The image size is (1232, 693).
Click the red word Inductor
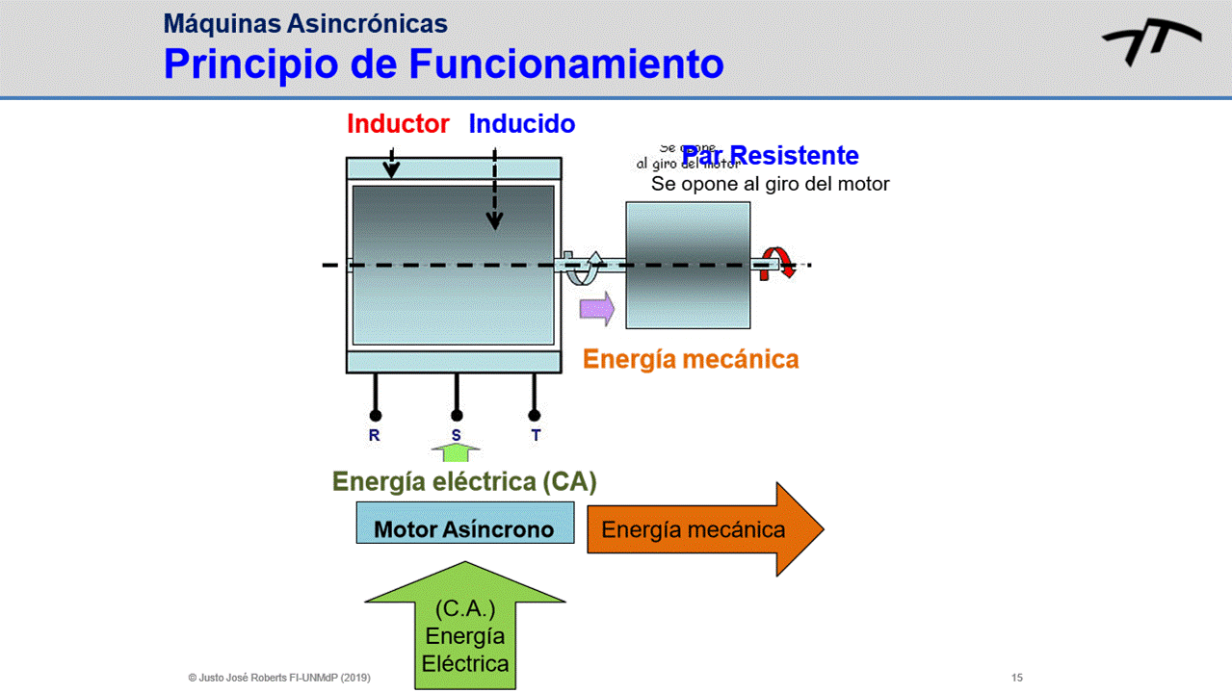click(x=398, y=124)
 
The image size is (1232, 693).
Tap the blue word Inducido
click(x=521, y=124)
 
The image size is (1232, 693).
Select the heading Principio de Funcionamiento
click(x=443, y=64)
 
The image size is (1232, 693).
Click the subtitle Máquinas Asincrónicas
click(x=305, y=23)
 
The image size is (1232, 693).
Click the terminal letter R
click(x=375, y=435)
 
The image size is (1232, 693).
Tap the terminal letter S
click(x=457, y=435)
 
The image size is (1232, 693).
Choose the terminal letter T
click(x=536, y=435)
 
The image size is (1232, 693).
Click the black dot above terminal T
click(x=535, y=416)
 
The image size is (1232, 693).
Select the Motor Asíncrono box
click(x=464, y=528)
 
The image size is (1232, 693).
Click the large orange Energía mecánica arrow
click(x=704, y=529)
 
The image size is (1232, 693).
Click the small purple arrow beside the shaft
click(x=596, y=309)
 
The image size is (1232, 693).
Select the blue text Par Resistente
click(x=771, y=156)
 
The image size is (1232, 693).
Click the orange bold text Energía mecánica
click(x=691, y=360)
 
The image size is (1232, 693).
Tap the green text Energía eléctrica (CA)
click(x=464, y=481)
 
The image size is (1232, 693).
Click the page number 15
click(x=1017, y=678)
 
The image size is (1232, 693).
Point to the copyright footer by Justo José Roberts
click(x=279, y=678)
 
